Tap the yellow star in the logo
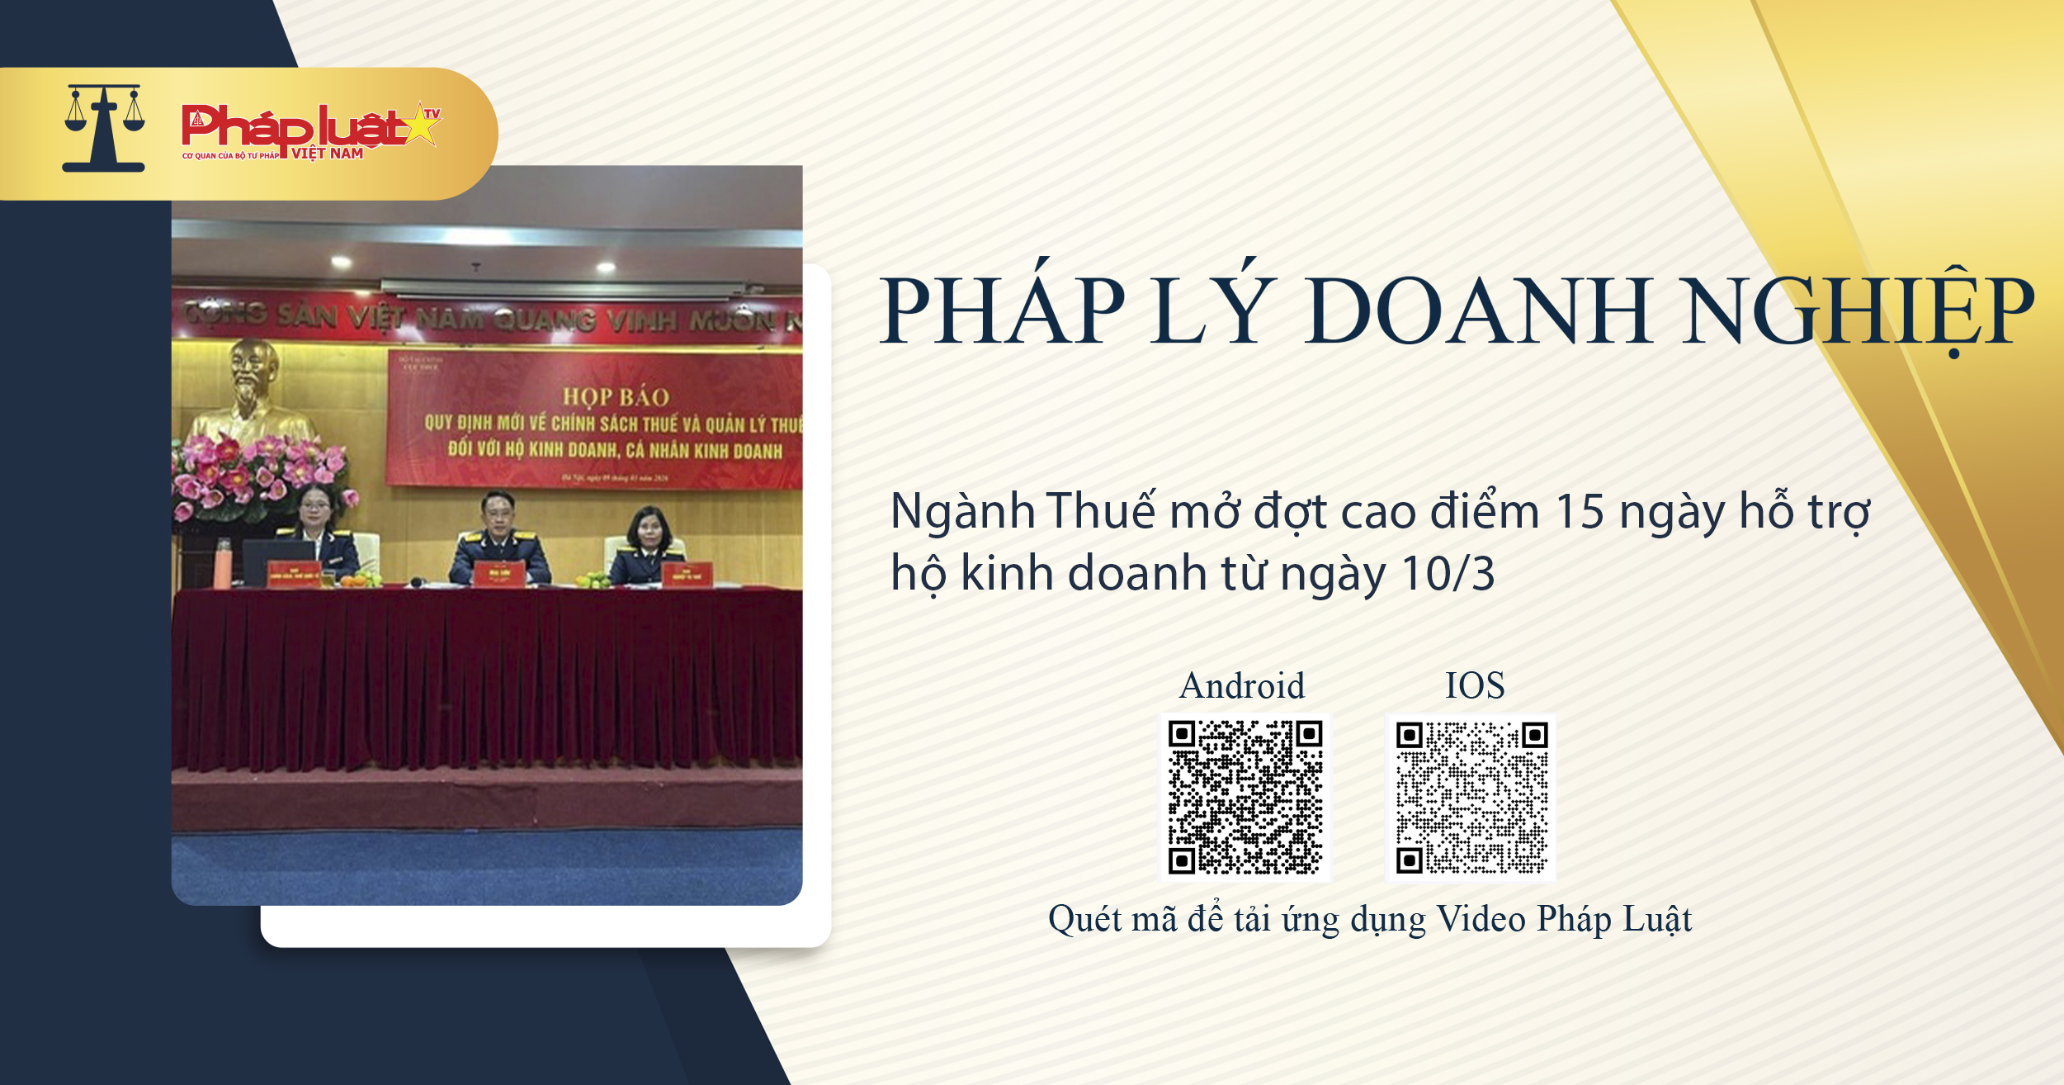coord(422,126)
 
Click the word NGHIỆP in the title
coord(1860,310)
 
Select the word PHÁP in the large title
coord(1003,310)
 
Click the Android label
coord(1242,685)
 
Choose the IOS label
coord(1474,685)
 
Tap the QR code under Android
coord(1245,797)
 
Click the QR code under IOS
coord(1471,798)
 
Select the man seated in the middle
coord(499,541)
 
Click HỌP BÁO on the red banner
coord(616,397)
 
